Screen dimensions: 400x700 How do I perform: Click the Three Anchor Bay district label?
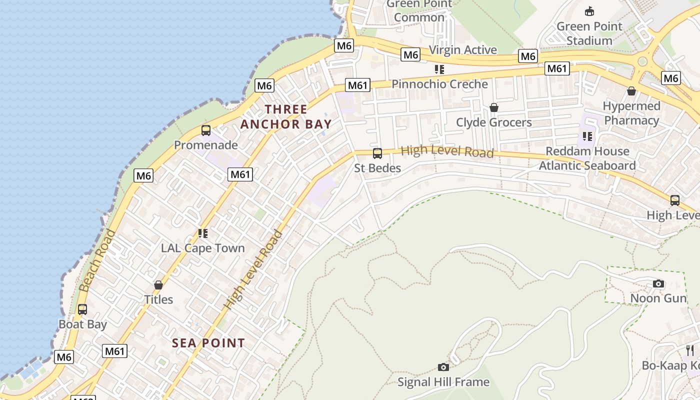pyautogui.click(x=286, y=116)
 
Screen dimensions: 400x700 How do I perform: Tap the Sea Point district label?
pyautogui.click(x=208, y=343)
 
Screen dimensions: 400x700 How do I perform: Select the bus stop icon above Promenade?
pyautogui.click(x=205, y=130)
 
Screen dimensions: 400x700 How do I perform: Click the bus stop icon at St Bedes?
pyautogui.click(x=377, y=153)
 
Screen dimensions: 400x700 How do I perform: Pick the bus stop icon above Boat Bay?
pyautogui.click(x=82, y=309)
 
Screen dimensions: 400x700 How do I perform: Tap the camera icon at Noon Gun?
pyautogui.click(x=658, y=284)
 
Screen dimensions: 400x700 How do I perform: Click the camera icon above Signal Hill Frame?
pyautogui.click(x=443, y=367)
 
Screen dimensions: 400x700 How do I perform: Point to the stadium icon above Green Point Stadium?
pyautogui.click(x=589, y=11)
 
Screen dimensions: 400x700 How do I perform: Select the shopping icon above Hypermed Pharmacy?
pyautogui.click(x=631, y=91)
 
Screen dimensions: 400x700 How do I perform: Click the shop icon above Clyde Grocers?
pyautogui.click(x=494, y=107)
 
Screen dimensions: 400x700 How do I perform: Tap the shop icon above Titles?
pyautogui.click(x=158, y=285)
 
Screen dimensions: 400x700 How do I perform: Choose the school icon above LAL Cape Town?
pyautogui.click(x=202, y=233)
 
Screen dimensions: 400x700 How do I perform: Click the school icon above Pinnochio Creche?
pyautogui.click(x=439, y=69)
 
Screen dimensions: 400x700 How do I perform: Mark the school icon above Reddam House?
pyautogui.click(x=587, y=136)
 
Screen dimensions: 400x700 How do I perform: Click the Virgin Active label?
pyautogui.click(x=463, y=50)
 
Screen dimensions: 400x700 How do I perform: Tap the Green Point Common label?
pyautogui.click(x=419, y=10)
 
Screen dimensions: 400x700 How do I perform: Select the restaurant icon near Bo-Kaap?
pyautogui.click(x=690, y=350)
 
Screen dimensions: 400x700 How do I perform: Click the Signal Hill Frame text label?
pyautogui.click(x=443, y=382)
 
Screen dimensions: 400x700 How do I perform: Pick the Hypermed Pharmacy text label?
pyautogui.click(x=631, y=113)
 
